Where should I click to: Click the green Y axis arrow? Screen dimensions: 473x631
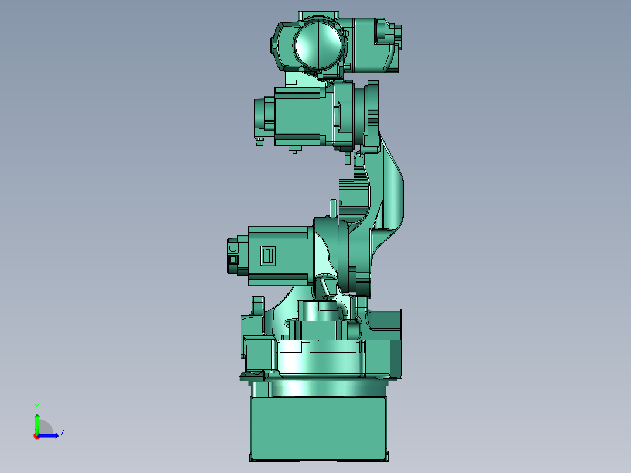(x=37, y=422)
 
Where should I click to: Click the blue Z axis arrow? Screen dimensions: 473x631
(x=50, y=435)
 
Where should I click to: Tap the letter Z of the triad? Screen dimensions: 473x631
(x=62, y=433)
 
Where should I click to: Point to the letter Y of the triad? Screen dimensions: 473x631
(x=37, y=406)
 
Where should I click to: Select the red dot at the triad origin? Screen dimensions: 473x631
(x=37, y=436)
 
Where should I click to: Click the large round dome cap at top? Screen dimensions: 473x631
(x=317, y=44)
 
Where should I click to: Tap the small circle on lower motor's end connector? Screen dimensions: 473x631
(x=233, y=248)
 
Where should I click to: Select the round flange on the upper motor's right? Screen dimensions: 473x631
(x=344, y=114)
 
